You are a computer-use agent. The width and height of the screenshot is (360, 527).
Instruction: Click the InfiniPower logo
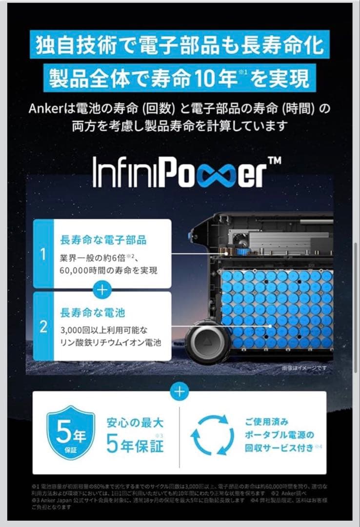coord(187,171)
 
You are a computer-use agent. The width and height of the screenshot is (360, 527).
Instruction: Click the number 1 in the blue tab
coord(43,254)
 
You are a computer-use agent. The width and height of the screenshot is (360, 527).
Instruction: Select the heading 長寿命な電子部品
coord(103,240)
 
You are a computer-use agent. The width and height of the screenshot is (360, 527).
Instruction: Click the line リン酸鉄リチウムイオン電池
coord(111,343)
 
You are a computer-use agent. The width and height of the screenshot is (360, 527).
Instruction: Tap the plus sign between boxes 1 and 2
coord(102,290)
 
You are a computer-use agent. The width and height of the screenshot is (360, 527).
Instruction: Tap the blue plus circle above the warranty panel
coord(180,391)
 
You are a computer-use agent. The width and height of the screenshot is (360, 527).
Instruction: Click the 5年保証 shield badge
coord(70,433)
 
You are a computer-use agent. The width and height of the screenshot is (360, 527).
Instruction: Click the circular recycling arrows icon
coord(209,434)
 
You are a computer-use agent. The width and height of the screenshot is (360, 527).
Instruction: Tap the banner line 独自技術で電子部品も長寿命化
coord(180,46)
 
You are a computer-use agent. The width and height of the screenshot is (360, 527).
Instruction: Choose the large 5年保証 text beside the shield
coord(135,445)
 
